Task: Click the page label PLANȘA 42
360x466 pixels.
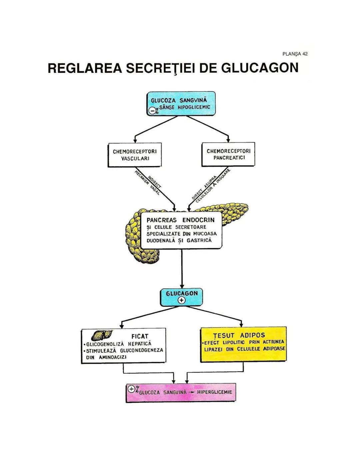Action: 295,54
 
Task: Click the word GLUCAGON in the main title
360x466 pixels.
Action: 260,68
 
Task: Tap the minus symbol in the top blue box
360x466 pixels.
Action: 152,110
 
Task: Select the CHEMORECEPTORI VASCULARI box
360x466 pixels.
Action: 135,155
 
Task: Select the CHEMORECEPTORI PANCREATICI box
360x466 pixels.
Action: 228,154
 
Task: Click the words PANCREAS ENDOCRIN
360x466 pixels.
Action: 180,220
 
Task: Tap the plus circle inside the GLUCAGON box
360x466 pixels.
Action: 182,301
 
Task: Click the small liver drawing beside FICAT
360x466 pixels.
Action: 102,335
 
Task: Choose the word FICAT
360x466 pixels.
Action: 140,336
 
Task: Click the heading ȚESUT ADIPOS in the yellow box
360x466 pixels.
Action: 239,335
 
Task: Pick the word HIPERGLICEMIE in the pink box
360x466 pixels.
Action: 214,392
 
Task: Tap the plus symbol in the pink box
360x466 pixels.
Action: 131,389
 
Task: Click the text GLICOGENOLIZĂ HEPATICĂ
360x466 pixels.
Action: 119,344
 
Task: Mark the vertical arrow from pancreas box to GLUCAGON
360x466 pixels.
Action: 182,269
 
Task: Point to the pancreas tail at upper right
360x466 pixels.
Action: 233,208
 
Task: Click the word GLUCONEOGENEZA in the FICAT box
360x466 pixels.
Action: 141,350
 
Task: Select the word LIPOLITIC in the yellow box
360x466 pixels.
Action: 234,342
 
